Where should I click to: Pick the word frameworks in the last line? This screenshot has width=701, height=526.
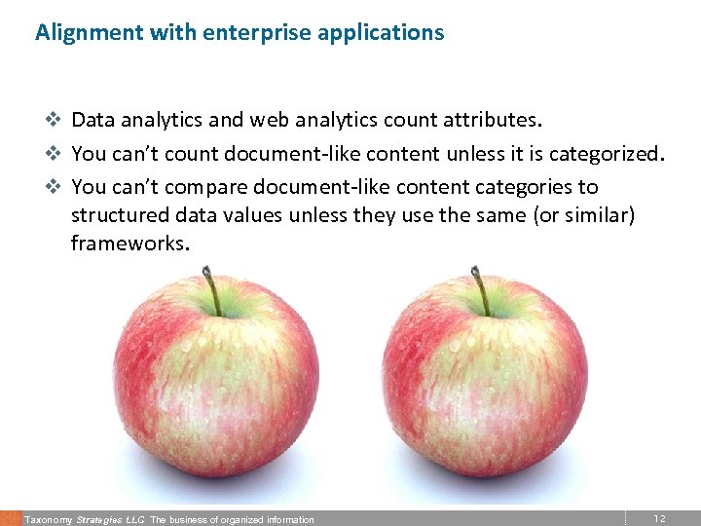point(129,243)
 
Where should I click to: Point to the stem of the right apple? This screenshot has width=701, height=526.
point(479,290)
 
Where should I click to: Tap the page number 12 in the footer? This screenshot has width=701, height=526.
point(659,519)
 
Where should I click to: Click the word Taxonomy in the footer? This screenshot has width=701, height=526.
point(49,520)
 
